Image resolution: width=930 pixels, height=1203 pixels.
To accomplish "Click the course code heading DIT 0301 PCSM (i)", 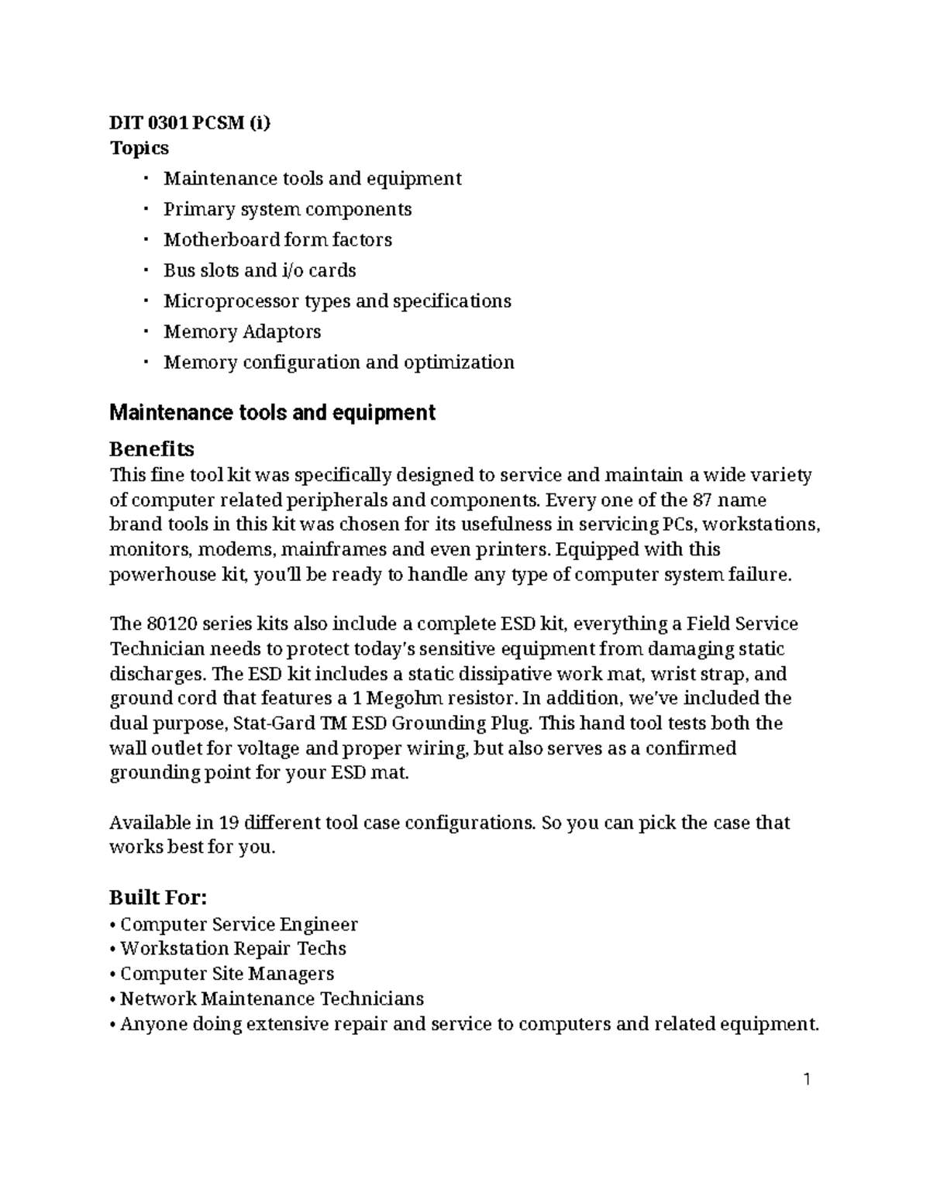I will coord(190,122).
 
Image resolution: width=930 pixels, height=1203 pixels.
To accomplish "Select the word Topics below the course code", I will coord(139,147).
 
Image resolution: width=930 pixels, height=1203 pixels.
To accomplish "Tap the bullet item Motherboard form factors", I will coord(277,239).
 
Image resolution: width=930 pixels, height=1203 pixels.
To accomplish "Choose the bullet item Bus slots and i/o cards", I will coord(260,270).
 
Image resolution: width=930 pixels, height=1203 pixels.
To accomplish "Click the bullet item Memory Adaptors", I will coord(242,332).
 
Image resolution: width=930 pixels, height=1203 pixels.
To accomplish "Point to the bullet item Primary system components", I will coord(288,209).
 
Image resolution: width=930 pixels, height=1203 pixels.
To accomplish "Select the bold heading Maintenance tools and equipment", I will coord(272,412).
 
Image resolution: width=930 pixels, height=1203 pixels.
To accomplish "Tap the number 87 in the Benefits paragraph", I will coord(703,500).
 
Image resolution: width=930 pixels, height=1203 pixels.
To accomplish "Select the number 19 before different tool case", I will coord(229,822).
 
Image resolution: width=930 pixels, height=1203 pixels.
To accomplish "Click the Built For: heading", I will coord(158,898).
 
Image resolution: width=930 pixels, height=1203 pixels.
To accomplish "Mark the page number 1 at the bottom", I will coord(807,1079).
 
